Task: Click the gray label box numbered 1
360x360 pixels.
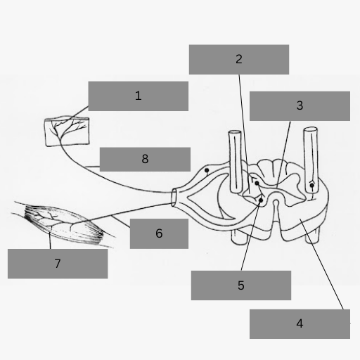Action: pyautogui.click(x=139, y=96)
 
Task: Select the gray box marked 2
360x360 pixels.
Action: pyautogui.click(x=239, y=60)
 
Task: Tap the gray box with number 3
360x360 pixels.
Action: pyautogui.click(x=300, y=106)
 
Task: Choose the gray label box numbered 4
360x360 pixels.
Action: pyautogui.click(x=300, y=324)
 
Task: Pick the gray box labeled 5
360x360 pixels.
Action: pyautogui.click(x=241, y=285)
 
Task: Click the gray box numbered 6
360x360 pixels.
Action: pyautogui.click(x=159, y=233)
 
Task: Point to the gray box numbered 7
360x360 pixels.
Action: pyautogui.click(x=58, y=264)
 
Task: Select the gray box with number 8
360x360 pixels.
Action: pyautogui.click(x=145, y=160)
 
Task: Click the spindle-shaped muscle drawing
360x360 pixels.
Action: pyautogui.click(x=63, y=224)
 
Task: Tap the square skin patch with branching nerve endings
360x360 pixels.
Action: pyautogui.click(x=67, y=131)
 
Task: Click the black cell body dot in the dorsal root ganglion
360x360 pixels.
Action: pyautogui.click(x=207, y=170)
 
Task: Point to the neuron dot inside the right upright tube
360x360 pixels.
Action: pyautogui.click(x=311, y=186)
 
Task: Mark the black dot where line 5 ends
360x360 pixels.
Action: pyautogui.click(x=261, y=200)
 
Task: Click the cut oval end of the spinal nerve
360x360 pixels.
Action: pyautogui.click(x=174, y=198)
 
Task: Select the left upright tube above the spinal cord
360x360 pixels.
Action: pyautogui.click(x=236, y=162)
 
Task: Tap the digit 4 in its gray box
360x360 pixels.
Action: pyautogui.click(x=300, y=323)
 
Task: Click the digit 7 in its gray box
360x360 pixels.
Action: pyautogui.click(x=58, y=264)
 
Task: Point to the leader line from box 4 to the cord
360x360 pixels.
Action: pyautogui.click(x=321, y=264)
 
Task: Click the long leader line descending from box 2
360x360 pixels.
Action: pyautogui.click(x=245, y=134)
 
